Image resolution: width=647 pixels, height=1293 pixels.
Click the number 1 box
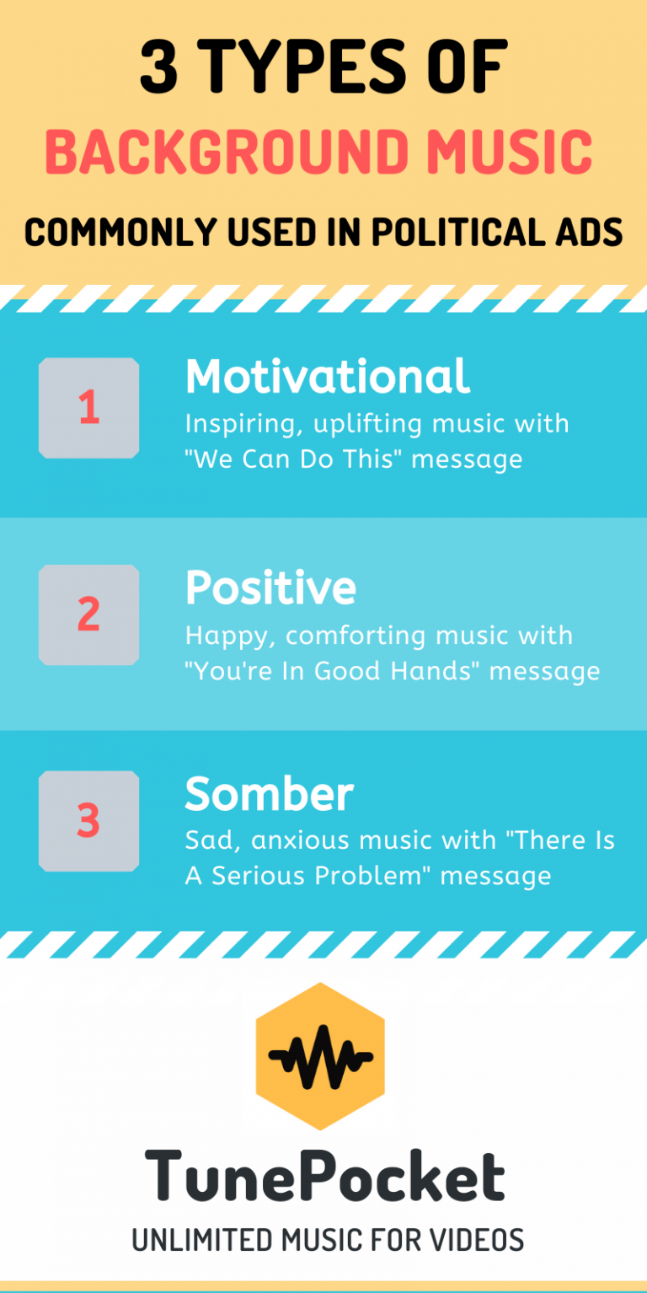(x=88, y=408)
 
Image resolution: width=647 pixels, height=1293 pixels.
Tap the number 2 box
(x=88, y=614)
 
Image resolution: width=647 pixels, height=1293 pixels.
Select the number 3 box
(x=88, y=821)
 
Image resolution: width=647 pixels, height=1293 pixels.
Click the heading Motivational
(x=327, y=377)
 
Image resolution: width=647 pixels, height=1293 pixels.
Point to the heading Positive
(x=270, y=587)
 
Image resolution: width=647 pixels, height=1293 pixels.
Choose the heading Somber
(x=269, y=794)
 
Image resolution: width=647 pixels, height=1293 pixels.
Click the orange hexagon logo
(x=320, y=1056)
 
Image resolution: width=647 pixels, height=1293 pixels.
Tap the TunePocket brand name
(x=324, y=1178)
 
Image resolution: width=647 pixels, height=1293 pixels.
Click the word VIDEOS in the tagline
(x=477, y=1240)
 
